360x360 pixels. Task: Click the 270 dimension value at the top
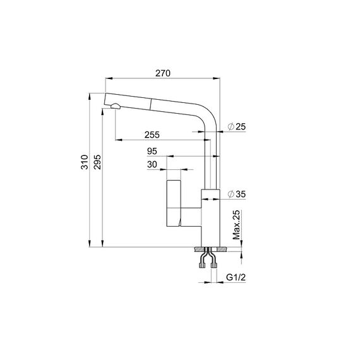pyautogui.click(x=163, y=73)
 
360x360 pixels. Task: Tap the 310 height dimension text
pyautogui.click(x=84, y=162)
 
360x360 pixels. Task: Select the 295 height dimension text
pyautogui.click(x=97, y=162)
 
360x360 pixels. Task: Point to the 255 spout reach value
pyautogui.click(x=152, y=135)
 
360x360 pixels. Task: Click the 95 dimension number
pyautogui.click(x=152, y=151)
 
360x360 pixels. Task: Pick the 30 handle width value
pyautogui.click(x=152, y=164)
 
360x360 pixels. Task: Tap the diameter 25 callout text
pyautogui.click(x=236, y=126)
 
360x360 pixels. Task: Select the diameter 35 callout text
pyautogui.click(x=236, y=194)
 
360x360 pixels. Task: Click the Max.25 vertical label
pyautogui.click(x=236, y=225)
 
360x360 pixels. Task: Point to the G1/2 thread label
pyautogui.click(x=236, y=277)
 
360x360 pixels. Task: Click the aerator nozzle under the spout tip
pyautogui.click(x=115, y=106)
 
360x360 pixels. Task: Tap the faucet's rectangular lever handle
pyautogui.click(x=174, y=203)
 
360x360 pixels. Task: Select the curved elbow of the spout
pyautogui.click(x=208, y=117)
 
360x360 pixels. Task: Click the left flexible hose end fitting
pyautogui.click(x=202, y=266)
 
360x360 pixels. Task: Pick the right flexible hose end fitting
pyautogui.click(x=214, y=266)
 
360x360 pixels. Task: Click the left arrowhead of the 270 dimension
pyautogui.click(x=109, y=78)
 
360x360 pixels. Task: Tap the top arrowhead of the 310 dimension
pyautogui.click(x=90, y=96)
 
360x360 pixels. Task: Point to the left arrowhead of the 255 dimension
pyautogui.click(x=118, y=140)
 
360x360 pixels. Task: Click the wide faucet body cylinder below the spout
pyautogui.click(x=210, y=218)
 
